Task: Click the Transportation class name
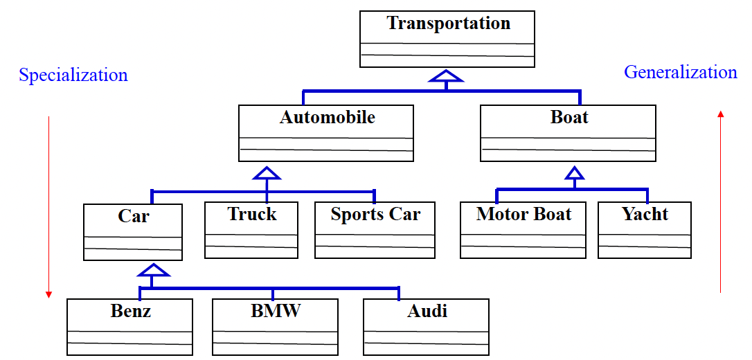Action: pos(448,24)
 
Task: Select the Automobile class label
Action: pos(327,118)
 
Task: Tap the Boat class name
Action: pos(569,118)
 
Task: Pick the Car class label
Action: pos(133,217)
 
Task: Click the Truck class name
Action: pos(251,215)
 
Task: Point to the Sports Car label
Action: pos(375,215)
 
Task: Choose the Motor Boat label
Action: pos(523,214)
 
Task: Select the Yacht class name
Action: pos(645,214)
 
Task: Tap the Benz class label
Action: pos(130,311)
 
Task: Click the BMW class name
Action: pos(276,311)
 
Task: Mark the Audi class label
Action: pos(427,311)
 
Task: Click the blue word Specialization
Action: pos(73,75)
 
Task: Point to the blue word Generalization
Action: pos(680,73)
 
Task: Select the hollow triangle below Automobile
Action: pos(267,172)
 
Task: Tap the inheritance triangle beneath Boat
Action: pos(574,172)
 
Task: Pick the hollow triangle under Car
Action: pos(153,270)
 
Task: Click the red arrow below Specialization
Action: pos(48,208)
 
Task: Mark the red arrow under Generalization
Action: pos(720,201)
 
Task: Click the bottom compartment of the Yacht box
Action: pos(645,252)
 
